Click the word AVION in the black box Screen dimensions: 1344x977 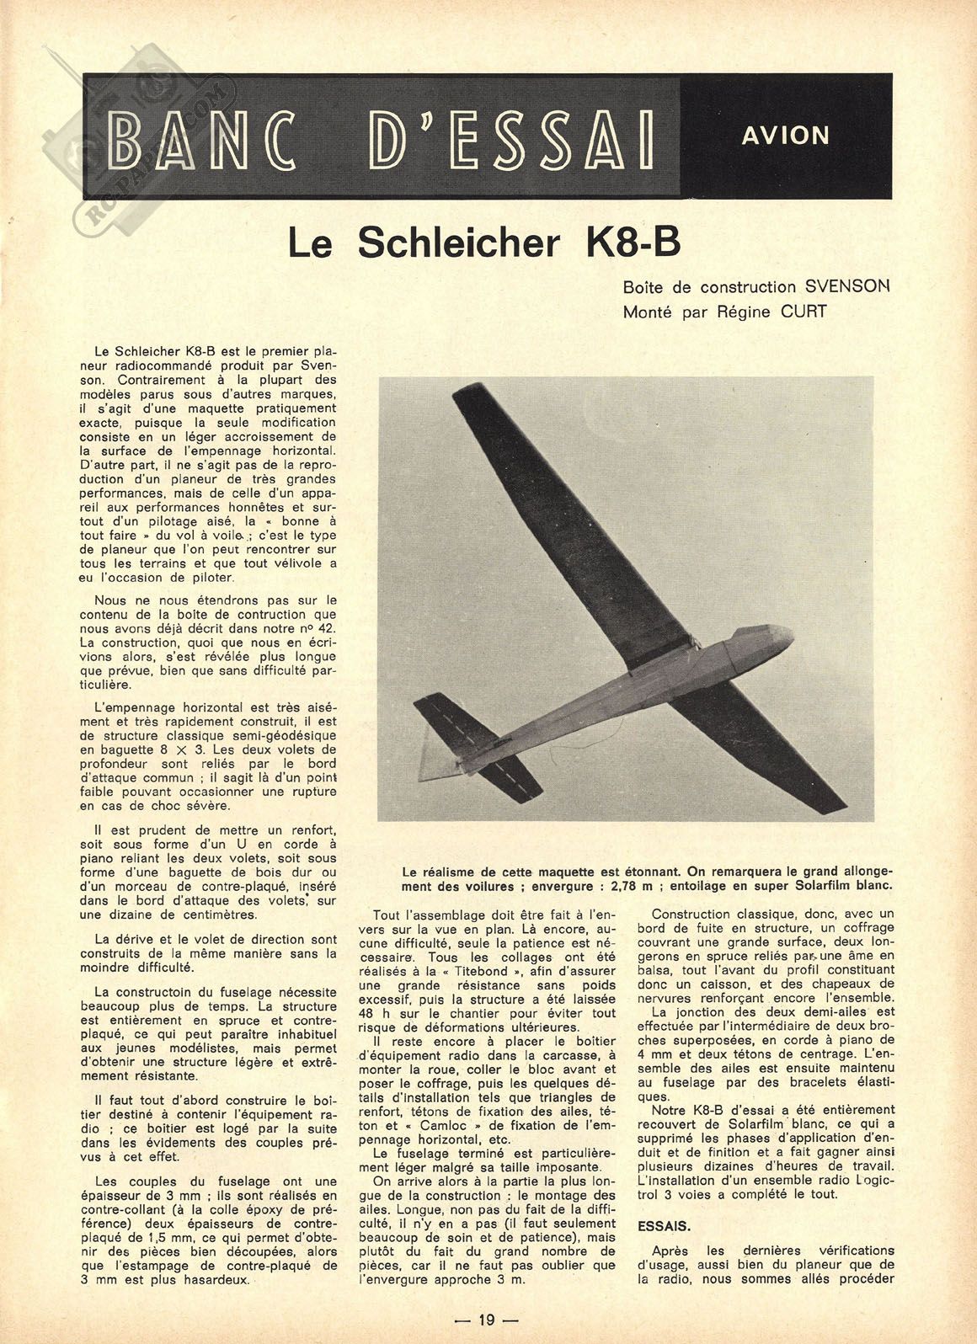pyautogui.click(x=785, y=136)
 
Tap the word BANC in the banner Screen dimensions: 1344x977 pyautogui.click(x=203, y=137)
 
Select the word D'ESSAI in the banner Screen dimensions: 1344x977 pyautogui.click(x=512, y=137)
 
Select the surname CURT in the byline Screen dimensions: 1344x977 pyautogui.click(x=803, y=312)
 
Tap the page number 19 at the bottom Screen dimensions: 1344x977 pyautogui.click(x=487, y=1320)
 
